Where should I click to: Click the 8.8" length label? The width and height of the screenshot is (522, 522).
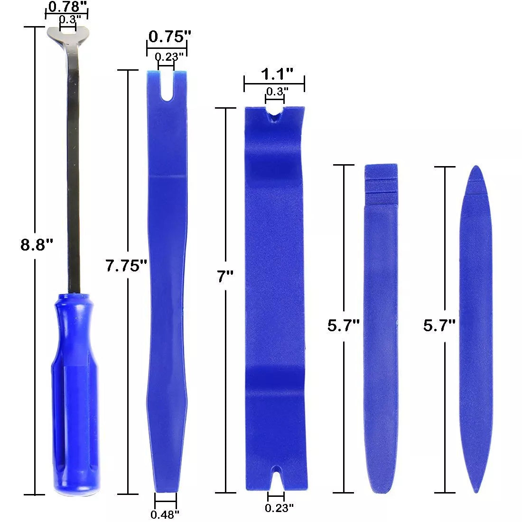37,244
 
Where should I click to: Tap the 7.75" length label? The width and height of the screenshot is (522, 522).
126,266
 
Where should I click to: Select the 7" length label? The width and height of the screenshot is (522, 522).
225,276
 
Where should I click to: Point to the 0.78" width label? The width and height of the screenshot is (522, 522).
67,6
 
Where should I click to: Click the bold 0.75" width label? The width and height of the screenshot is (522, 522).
170,37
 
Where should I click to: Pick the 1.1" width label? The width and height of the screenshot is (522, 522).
277,74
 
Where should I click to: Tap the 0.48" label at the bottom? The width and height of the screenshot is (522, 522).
165,515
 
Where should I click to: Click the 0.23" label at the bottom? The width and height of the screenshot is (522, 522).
280,508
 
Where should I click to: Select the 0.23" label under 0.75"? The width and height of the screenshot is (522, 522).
169,56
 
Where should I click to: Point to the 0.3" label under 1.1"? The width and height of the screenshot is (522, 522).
277,91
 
